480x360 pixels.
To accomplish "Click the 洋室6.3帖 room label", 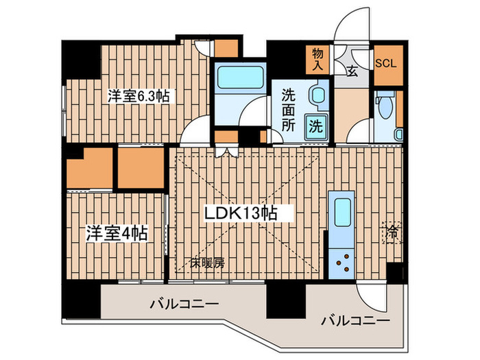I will [x=138, y=97].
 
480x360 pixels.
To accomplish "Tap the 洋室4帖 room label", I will [x=116, y=232].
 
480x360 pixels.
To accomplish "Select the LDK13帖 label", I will [x=241, y=213].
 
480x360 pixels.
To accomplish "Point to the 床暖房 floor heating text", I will [x=208, y=262].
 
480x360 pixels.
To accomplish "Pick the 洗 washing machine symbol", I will [x=315, y=126].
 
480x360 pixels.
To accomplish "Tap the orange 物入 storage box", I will [x=317, y=60].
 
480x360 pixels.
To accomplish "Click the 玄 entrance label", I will [x=351, y=71].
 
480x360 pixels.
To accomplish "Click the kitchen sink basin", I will [x=340, y=210].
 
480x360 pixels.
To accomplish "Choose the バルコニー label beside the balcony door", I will [x=355, y=321].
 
